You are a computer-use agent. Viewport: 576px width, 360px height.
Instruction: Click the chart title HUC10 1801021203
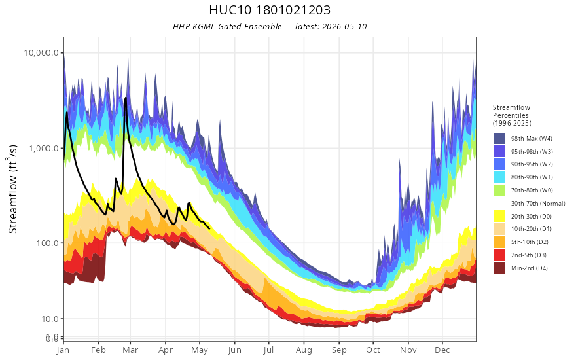(270, 10)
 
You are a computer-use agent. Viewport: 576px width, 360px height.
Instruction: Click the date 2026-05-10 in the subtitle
(344, 26)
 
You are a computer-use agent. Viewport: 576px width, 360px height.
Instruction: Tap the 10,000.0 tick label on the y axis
(41, 52)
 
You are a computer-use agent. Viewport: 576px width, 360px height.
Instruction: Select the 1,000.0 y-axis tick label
(44, 148)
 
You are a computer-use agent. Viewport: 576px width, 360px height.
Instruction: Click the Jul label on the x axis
(268, 350)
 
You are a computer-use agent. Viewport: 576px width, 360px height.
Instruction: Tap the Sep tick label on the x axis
(339, 350)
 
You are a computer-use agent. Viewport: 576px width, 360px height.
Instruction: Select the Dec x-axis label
(442, 350)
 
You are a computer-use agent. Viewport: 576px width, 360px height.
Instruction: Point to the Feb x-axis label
(98, 350)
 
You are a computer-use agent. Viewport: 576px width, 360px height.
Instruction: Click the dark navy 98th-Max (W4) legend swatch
(499, 139)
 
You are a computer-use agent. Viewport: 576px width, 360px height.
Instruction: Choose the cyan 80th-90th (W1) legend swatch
(499, 177)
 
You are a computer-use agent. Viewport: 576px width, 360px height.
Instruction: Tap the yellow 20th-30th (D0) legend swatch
(499, 216)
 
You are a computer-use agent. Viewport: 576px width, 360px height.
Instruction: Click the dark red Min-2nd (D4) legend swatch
(499, 268)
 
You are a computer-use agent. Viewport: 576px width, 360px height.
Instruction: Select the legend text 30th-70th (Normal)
(538, 203)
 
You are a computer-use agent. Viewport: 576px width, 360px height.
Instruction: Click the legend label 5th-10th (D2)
(530, 242)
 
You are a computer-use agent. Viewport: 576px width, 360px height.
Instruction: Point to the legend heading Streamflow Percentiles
(512, 111)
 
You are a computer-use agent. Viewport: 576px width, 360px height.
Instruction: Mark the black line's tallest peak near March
(126, 98)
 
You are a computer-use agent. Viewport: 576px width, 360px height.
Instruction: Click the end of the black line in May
(209, 229)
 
